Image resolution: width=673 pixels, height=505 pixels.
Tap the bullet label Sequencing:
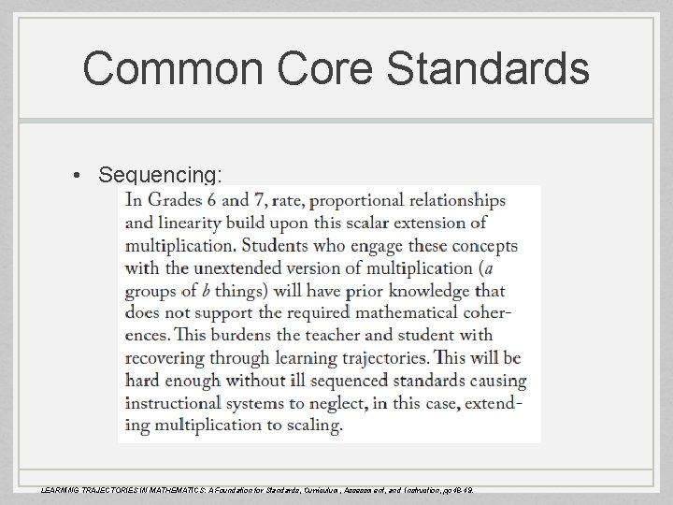(x=160, y=175)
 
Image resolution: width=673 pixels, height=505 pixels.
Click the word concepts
(x=483, y=245)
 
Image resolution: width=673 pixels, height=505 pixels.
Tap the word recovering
(x=166, y=357)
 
